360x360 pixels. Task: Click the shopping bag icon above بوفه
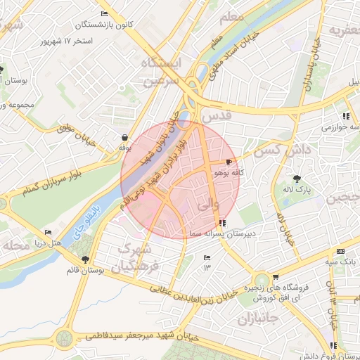click(125, 138)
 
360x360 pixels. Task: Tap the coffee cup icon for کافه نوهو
click(229, 162)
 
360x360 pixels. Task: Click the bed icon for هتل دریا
click(48, 232)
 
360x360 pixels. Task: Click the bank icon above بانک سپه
click(341, 251)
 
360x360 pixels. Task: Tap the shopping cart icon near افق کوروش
click(275, 276)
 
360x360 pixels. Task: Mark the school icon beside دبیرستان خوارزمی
click(345, 116)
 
